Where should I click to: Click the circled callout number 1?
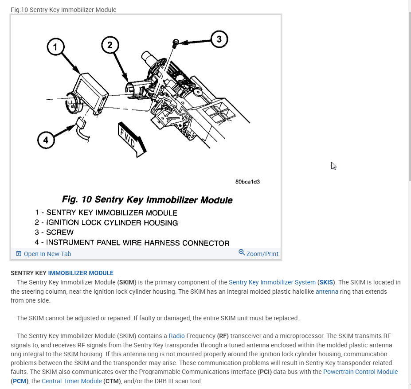(x=55, y=47)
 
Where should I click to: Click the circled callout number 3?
(x=219, y=39)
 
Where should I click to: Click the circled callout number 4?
(x=46, y=141)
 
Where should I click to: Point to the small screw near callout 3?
(x=176, y=43)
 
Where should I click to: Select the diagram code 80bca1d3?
(x=247, y=182)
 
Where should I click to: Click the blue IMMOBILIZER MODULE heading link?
(x=81, y=273)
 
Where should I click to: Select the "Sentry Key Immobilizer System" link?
(x=272, y=282)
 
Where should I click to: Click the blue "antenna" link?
(x=327, y=292)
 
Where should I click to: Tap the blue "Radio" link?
(x=176, y=336)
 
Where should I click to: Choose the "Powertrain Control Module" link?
(x=360, y=372)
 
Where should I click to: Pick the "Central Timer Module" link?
(x=71, y=381)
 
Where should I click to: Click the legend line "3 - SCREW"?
(x=54, y=232)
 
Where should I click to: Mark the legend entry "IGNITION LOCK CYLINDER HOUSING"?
(x=106, y=222)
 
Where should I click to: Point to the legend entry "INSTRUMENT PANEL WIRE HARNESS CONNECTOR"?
(x=132, y=242)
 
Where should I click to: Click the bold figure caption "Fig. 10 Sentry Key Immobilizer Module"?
(x=147, y=200)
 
